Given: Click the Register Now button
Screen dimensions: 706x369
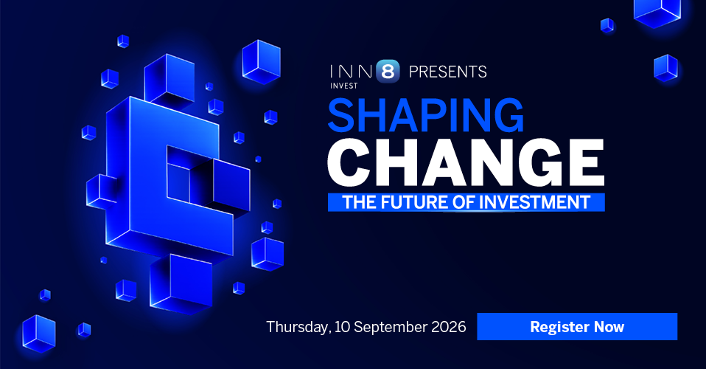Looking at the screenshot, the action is click(x=577, y=326).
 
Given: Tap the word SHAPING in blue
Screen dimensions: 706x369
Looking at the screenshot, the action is click(x=425, y=115).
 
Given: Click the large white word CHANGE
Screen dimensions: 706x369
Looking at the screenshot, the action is click(x=466, y=162).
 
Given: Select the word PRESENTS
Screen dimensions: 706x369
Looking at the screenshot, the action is click(x=447, y=72).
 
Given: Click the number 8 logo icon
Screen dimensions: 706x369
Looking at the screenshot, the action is click(x=388, y=72).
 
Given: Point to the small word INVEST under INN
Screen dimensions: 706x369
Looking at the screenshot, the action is click(x=344, y=86).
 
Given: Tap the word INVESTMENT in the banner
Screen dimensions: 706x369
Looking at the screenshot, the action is click(x=534, y=202).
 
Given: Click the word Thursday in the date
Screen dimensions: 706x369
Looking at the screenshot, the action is click(x=298, y=327).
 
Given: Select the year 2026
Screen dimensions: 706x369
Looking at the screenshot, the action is click(x=449, y=327).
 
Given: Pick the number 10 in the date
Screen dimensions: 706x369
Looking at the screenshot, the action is click(x=342, y=327).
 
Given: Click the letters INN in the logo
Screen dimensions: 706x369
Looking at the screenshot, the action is click(x=352, y=72).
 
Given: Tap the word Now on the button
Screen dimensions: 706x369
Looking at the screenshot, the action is click(x=609, y=327).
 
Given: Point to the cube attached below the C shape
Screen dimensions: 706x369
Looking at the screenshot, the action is click(x=181, y=283).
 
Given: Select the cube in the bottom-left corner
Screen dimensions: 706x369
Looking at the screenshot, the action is click(x=39, y=334).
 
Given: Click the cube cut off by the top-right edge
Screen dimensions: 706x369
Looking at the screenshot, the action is click(x=657, y=12).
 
